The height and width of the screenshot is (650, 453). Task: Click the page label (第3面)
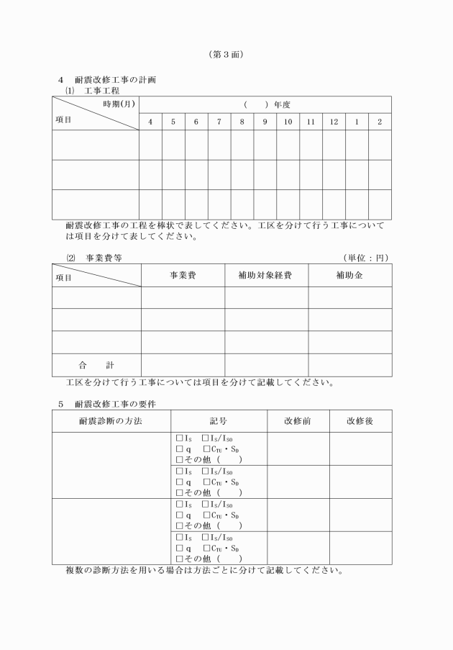tap(227, 54)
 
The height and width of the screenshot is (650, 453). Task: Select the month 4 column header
tap(150, 122)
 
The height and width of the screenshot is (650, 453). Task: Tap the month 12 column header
tap(334, 122)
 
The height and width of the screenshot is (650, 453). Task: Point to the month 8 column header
tap(242, 122)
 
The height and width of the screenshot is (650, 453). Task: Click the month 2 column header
tap(380, 122)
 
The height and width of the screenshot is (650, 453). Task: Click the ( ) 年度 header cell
tap(265, 104)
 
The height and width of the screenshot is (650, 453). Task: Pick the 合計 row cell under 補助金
tap(349, 365)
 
